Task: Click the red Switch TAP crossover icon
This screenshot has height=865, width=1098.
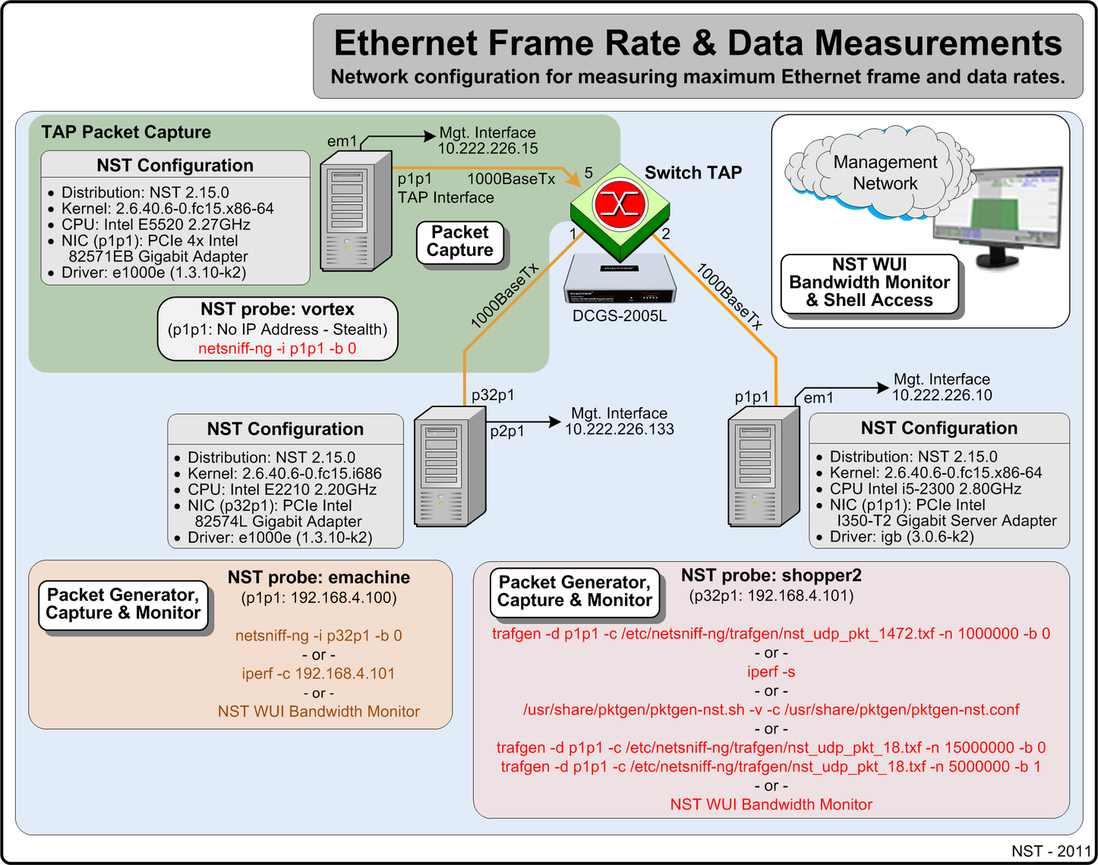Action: pyautogui.click(x=620, y=204)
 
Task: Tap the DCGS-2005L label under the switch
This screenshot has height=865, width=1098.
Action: pyautogui.click(x=620, y=316)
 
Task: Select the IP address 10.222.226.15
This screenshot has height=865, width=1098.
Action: pyautogui.click(x=487, y=149)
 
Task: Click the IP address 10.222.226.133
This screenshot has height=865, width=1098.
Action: pyautogui.click(x=619, y=429)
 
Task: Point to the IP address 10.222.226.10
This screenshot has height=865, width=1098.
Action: pyautogui.click(x=942, y=395)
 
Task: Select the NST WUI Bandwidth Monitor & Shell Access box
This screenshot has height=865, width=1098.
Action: pyautogui.click(x=869, y=283)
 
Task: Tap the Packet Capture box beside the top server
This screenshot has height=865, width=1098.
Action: pyautogui.click(x=459, y=242)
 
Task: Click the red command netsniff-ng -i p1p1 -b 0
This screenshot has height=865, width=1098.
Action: pyautogui.click(x=277, y=349)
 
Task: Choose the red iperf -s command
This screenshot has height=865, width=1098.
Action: pyautogui.click(x=771, y=672)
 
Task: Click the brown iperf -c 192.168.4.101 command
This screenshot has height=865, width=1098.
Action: pyautogui.click(x=318, y=674)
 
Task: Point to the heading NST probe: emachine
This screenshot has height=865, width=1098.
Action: pyautogui.click(x=318, y=577)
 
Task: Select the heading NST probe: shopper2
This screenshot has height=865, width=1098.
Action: pyautogui.click(x=771, y=576)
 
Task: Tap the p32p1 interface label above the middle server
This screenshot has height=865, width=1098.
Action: pyautogui.click(x=492, y=395)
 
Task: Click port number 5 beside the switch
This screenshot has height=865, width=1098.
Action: pyautogui.click(x=588, y=173)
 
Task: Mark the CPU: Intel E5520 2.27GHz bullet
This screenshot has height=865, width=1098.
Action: pyautogui.click(x=156, y=225)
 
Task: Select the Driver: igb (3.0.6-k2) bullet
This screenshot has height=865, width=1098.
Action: pyautogui.click(x=901, y=537)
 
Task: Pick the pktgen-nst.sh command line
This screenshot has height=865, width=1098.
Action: pyautogui.click(x=771, y=710)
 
